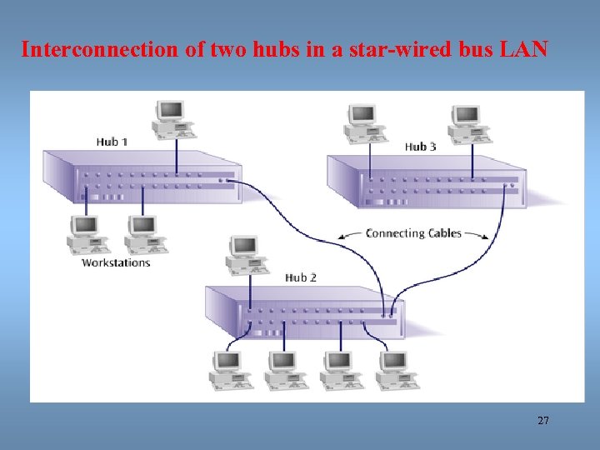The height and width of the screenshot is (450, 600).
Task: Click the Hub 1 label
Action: (112, 142)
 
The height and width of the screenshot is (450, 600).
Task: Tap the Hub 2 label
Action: (301, 277)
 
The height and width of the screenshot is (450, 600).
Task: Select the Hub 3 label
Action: (421, 147)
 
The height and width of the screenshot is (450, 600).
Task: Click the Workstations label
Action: (116, 262)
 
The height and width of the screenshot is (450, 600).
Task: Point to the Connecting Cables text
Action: (413, 233)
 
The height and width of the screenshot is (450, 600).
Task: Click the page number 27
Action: (543, 421)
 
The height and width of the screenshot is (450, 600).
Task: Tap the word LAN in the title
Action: (524, 50)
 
